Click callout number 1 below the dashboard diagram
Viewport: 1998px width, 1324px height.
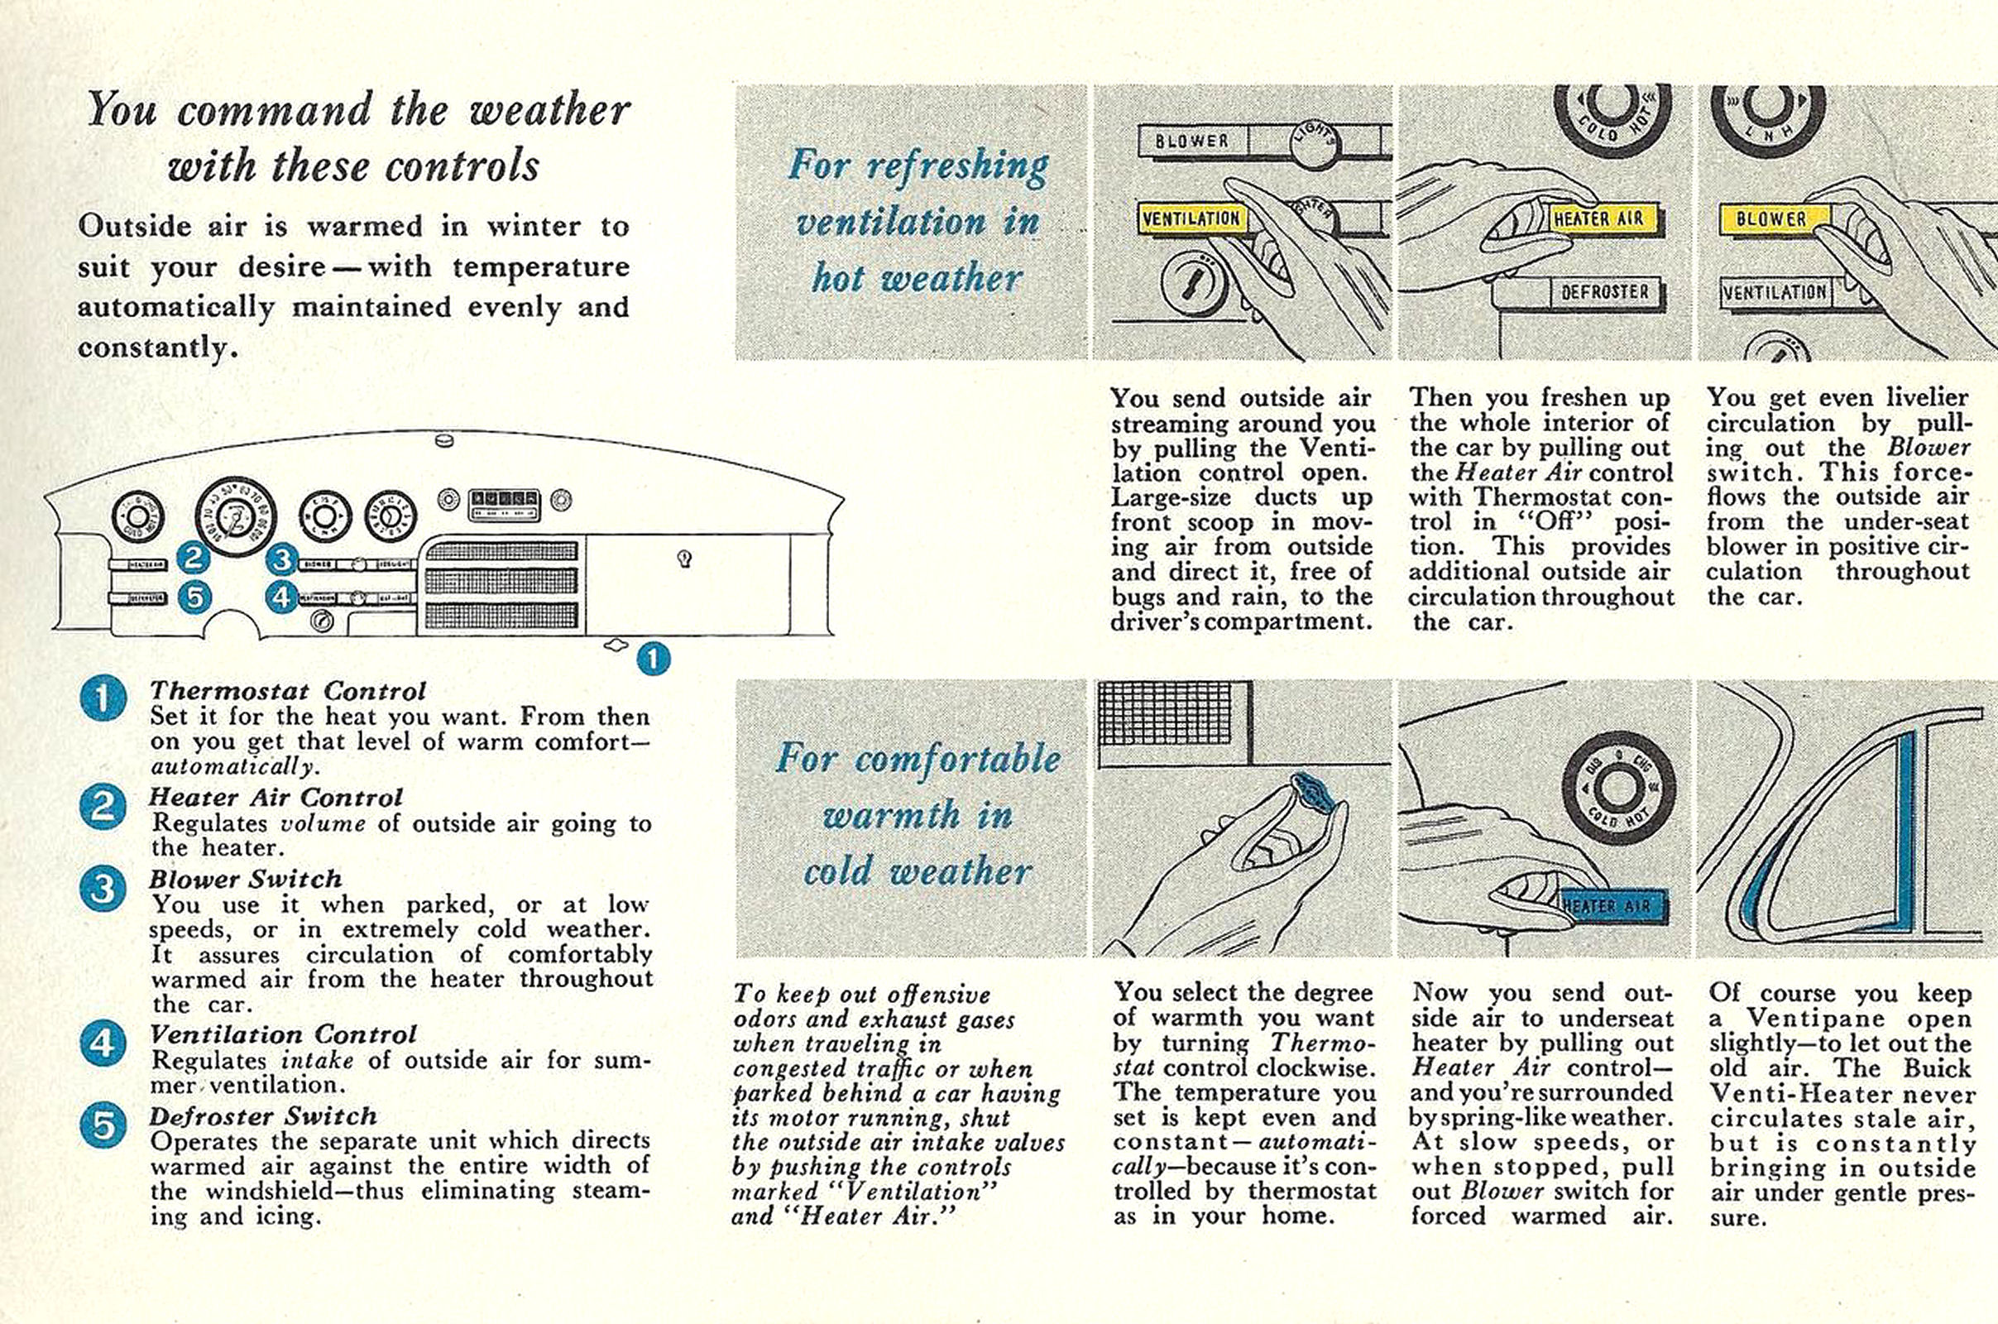pos(653,658)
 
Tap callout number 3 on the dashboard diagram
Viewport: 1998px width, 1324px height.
pos(282,559)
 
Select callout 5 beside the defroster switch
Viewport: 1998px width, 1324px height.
pos(195,597)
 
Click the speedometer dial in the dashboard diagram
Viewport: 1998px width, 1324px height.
pos(231,516)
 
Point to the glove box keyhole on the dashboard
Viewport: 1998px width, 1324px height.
pos(685,558)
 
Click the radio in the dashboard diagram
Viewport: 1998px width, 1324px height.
pos(504,504)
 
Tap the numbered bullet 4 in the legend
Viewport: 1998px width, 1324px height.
pos(103,1043)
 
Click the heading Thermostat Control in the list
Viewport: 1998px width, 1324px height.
pos(287,691)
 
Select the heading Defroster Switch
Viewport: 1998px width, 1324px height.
pos(262,1115)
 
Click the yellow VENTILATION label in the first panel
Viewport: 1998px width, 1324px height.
pos(1191,218)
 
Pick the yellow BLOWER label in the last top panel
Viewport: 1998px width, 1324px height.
pos(1771,218)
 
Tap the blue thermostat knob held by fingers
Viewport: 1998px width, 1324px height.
pos(1315,794)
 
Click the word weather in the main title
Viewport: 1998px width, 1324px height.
pos(549,110)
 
